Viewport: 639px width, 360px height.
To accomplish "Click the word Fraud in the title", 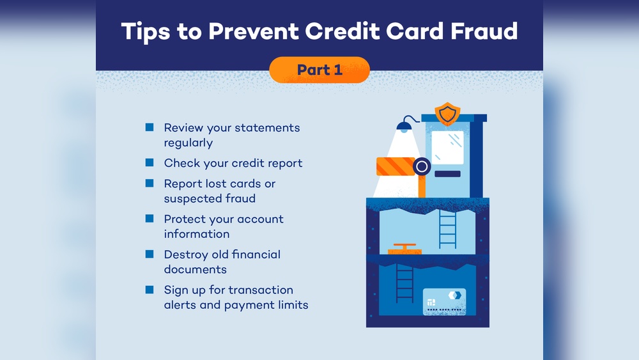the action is point(484,31).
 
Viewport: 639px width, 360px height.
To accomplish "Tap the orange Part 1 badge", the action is point(319,70).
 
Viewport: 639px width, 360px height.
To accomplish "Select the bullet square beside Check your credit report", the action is point(150,162).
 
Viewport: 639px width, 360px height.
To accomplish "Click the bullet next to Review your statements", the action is point(150,127).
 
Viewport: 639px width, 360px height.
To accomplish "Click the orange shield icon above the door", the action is point(447,113).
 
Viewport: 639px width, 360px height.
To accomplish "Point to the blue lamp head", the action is point(404,125).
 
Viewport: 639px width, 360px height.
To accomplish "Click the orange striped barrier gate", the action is point(396,166).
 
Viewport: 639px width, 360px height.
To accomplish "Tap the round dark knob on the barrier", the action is point(422,166).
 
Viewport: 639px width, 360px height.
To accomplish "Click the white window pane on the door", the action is point(447,147).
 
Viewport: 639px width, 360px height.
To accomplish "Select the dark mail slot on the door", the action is point(447,174).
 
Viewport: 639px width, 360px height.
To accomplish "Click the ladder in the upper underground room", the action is point(447,230).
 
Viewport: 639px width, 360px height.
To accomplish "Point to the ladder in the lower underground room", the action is point(404,283).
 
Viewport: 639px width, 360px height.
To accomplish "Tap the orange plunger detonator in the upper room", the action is point(404,249).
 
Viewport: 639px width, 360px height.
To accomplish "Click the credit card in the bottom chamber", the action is point(444,302).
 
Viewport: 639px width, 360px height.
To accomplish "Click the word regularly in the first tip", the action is point(189,143).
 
